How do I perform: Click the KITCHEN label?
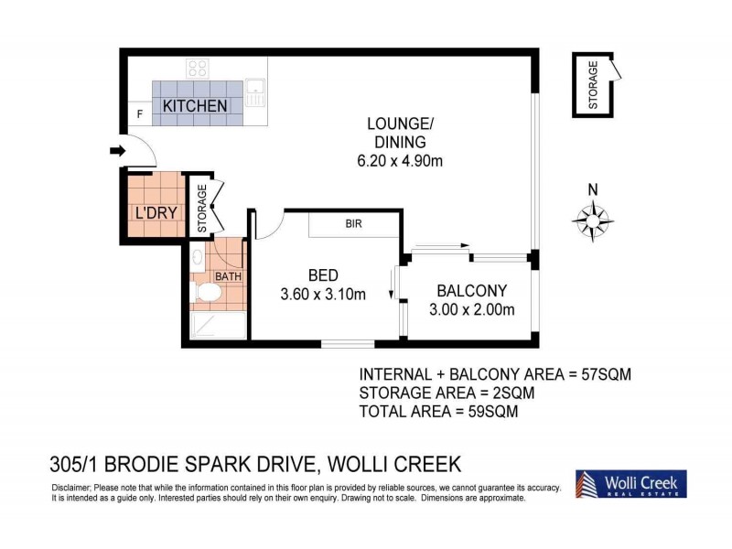[x=195, y=106]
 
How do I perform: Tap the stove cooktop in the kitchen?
[x=199, y=68]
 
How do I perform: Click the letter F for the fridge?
[x=139, y=114]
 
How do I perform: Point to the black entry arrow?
[x=116, y=151]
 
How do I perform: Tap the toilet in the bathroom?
[x=210, y=292]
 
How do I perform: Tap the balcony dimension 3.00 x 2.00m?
[x=471, y=309]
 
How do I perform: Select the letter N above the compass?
[x=593, y=189]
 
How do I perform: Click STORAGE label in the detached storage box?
[x=593, y=85]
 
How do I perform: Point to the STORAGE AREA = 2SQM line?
[x=447, y=393]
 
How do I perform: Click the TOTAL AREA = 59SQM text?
[x=439, y=411]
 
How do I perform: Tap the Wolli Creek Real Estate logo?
[x=630, y=484]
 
